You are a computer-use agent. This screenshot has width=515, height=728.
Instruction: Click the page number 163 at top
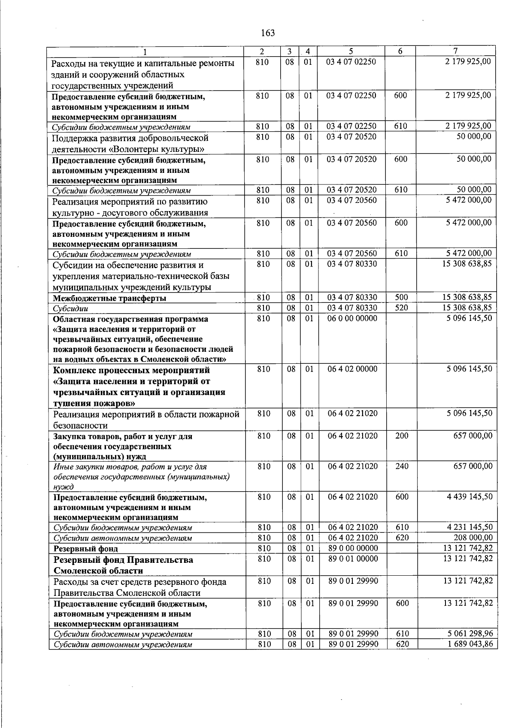pyautogui.click(x=267, y=33)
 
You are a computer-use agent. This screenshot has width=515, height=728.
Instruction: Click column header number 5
pyautogui.click(x=351, y=51)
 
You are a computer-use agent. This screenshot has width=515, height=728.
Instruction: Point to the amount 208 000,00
pyautogui.click(x=473, y=538)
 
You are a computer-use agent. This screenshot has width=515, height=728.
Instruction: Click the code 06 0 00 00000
pyautogui.click(x=352, y=318)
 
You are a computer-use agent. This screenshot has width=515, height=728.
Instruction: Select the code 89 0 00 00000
pyautogui.click(x=353, y=548)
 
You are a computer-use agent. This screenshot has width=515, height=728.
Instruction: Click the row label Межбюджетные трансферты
pyautogui.click(x=109, y=298)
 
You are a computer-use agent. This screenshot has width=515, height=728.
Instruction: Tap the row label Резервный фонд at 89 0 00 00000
pyautogui.click(x=85, y=549)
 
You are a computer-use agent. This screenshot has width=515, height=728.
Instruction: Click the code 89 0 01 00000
pyautogui.click(x=353, y=559)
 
